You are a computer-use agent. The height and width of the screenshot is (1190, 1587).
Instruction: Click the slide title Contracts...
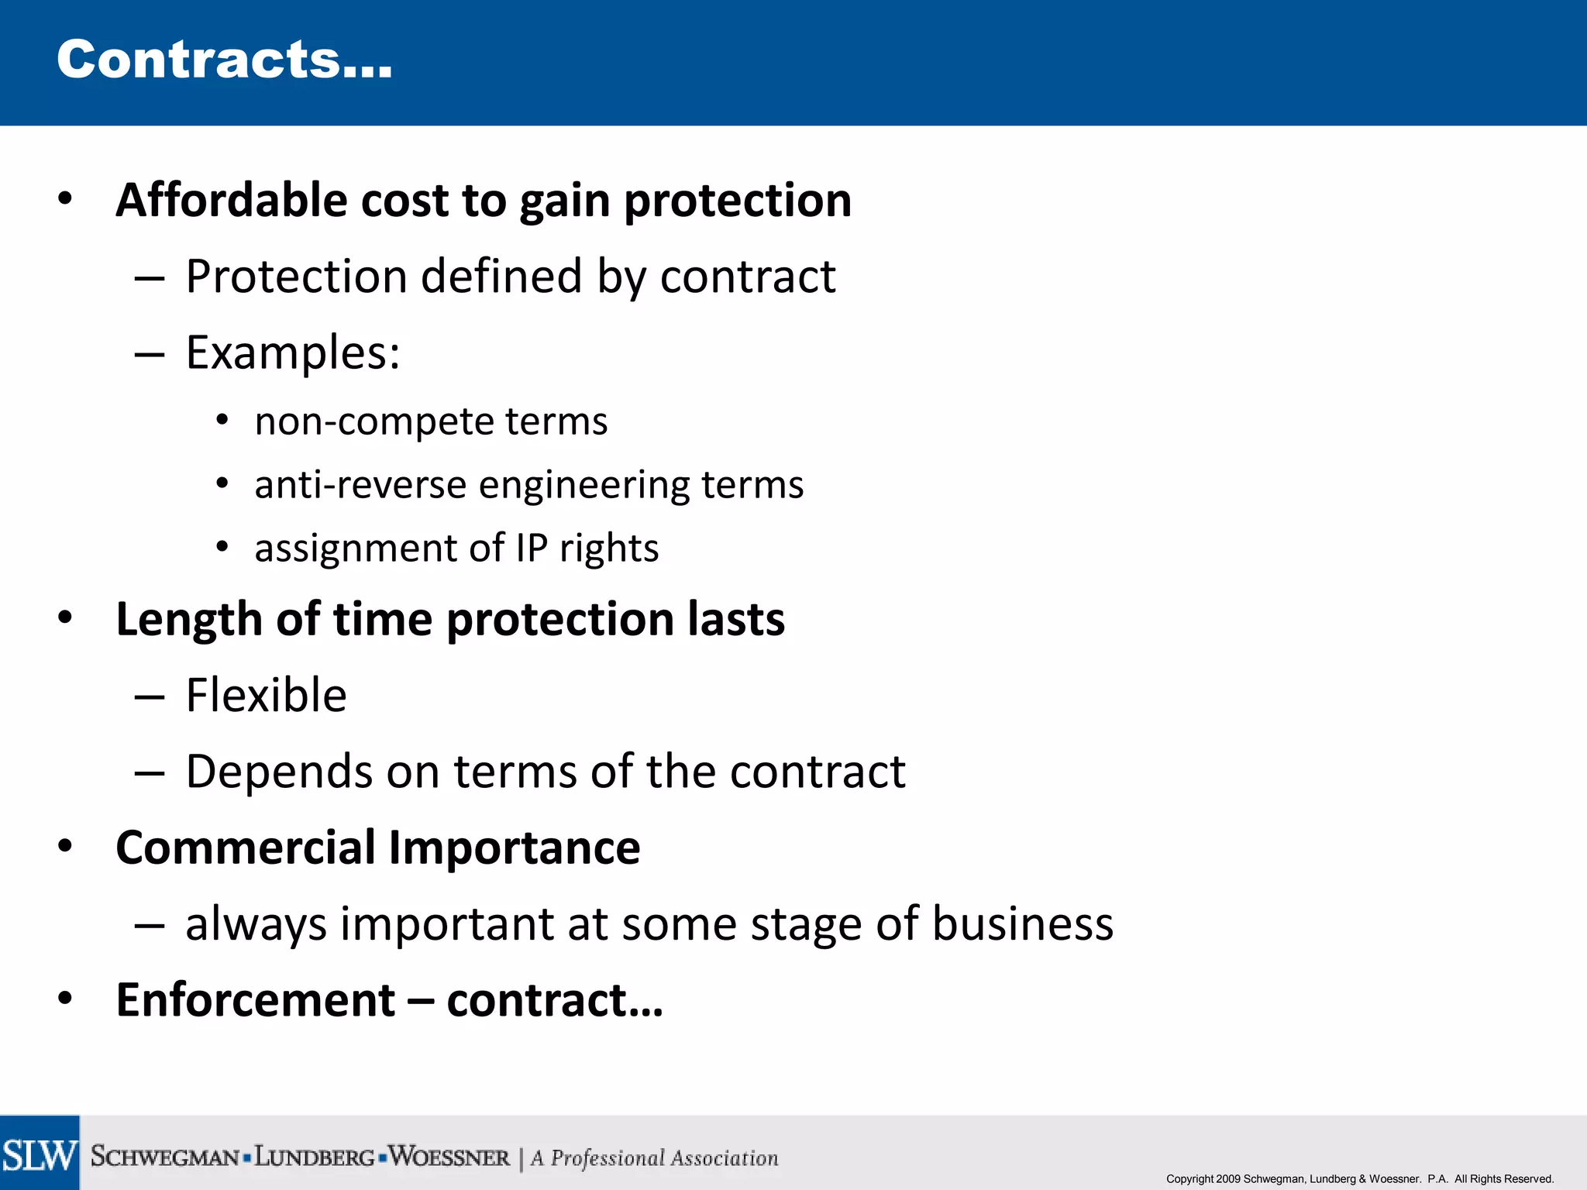coord(224,60)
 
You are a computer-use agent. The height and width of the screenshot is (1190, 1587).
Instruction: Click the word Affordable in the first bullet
coord(231,201)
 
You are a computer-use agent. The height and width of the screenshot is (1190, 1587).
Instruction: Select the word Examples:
coord(293,353)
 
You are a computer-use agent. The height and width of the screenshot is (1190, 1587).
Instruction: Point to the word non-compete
coord(375,422)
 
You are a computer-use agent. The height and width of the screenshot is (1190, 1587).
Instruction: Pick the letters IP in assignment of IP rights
coord(532,549)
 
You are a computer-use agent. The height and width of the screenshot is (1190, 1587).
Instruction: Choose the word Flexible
coord(266,695)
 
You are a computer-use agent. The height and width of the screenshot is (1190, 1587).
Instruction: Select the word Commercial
coord(246,848)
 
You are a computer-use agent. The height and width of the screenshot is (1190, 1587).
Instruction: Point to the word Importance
coord(515,848)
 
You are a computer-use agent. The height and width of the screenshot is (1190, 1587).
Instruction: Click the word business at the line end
coord(1022,924)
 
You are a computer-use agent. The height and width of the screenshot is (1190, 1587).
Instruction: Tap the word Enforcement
coord(255,1000)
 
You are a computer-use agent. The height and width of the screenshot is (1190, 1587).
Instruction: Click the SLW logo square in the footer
coord(40,1154)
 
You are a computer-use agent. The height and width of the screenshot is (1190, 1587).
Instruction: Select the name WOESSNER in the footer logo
coord(449,1157)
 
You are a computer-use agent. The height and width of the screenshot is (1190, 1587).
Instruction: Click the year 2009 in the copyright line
coord(1228,1179)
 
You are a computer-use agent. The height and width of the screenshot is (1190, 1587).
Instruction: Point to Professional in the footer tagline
coord(608,1158)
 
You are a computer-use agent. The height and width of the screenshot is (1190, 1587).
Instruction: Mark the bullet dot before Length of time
coord(65,618)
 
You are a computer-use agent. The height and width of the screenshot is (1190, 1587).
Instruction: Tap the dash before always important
coord(149,925)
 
